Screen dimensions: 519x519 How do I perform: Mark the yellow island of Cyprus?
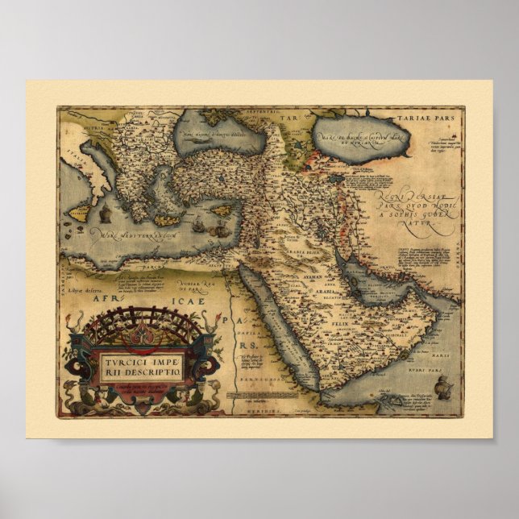point(222,210)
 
